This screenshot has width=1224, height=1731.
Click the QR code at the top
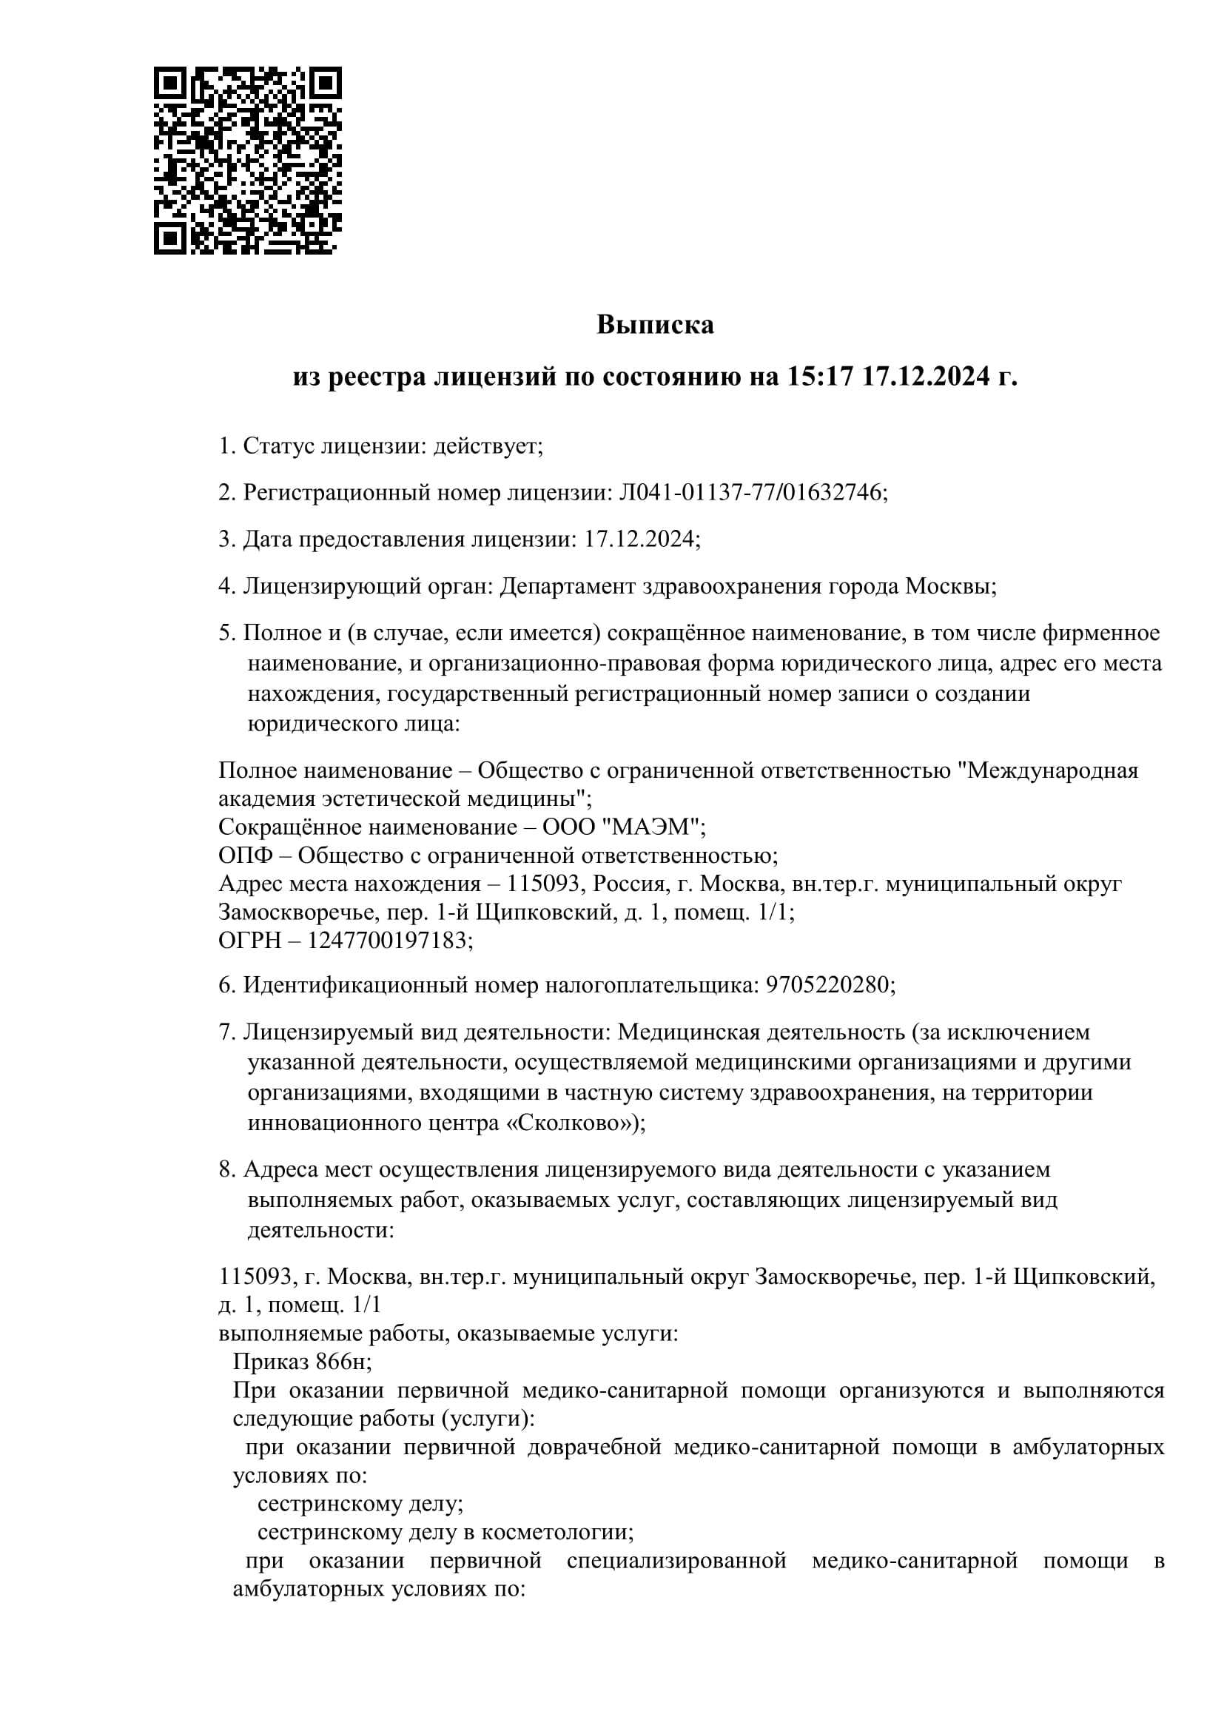(x=248, y=161)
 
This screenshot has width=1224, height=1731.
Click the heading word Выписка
(x=655, y=324)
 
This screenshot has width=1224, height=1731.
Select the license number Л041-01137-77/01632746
(x=750, y=492)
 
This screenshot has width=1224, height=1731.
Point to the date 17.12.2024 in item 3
(x=639, y=539)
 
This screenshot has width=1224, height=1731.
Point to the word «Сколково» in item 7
(x=571, y=1123)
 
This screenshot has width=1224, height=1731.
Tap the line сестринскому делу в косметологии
(x=445, y=1532)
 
